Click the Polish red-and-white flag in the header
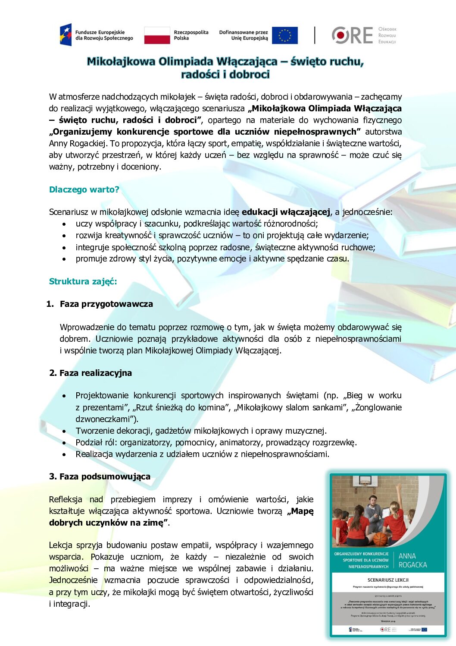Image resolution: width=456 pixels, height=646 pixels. pyautogui.click(x=157, y=35)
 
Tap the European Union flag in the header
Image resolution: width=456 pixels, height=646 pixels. pyautogui.click(x=284, y=35)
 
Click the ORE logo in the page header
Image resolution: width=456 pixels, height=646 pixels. pyautogui.click(x=352, y=35)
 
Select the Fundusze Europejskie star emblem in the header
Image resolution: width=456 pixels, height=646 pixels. pyautogui.click(x=66, y=35)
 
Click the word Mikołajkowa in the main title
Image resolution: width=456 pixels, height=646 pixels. pyautogui.click(x=121, y=62)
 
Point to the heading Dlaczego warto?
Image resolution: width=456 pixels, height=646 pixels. pyautogui.click(x=84, y=189)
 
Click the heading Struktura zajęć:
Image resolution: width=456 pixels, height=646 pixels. pyautogui.click(x=83, y=281)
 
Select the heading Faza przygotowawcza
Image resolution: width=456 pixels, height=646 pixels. pyautogui.click(x=106, y=304)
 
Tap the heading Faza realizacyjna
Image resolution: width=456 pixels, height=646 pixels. pyautogui.click(x=95, y=373)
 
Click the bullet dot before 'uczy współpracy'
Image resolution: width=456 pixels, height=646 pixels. pyautogui.click(x=64, y=224)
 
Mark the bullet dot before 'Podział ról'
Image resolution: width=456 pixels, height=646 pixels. pyautogui.click(x=64, y=443)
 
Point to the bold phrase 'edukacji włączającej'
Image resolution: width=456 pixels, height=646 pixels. pyautogui.click(x=286, y=212)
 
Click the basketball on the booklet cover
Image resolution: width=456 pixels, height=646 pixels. pyautogui.click(x=380, y=538)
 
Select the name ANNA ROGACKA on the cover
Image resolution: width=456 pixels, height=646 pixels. pyautogui.click(x=412, y=561)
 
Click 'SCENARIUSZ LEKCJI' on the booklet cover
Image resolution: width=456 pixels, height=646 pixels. pyautogui.click(x=388, y=580)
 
